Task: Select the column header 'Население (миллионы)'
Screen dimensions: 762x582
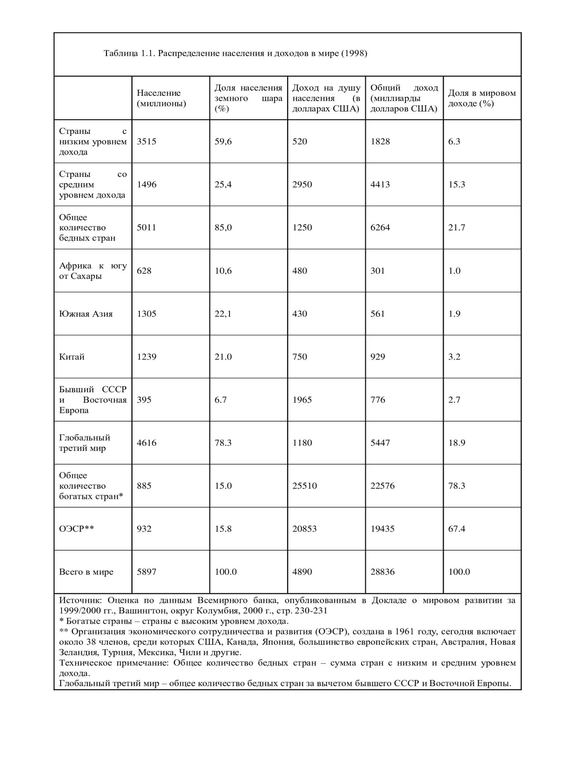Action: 161,98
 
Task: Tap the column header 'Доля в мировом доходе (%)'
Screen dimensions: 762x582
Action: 482,98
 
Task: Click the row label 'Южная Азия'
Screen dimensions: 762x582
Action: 86,314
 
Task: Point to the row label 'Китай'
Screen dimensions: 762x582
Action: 72,357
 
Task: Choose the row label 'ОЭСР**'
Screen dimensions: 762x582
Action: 76,529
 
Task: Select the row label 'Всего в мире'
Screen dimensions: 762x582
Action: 86,572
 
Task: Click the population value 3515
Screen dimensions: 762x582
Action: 147,142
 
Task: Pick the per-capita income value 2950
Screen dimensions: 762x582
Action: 302,185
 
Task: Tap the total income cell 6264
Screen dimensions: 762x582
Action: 380,227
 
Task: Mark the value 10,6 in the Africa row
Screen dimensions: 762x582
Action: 223,271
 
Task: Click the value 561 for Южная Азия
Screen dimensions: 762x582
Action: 377,314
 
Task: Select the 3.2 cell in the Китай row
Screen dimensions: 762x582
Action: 454,357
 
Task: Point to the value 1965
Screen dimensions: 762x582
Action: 302,400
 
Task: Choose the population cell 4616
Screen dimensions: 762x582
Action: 147,443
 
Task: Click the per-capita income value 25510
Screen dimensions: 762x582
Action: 304,486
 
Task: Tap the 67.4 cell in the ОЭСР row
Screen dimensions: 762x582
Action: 456,529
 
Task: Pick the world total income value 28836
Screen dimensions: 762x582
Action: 382,572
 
